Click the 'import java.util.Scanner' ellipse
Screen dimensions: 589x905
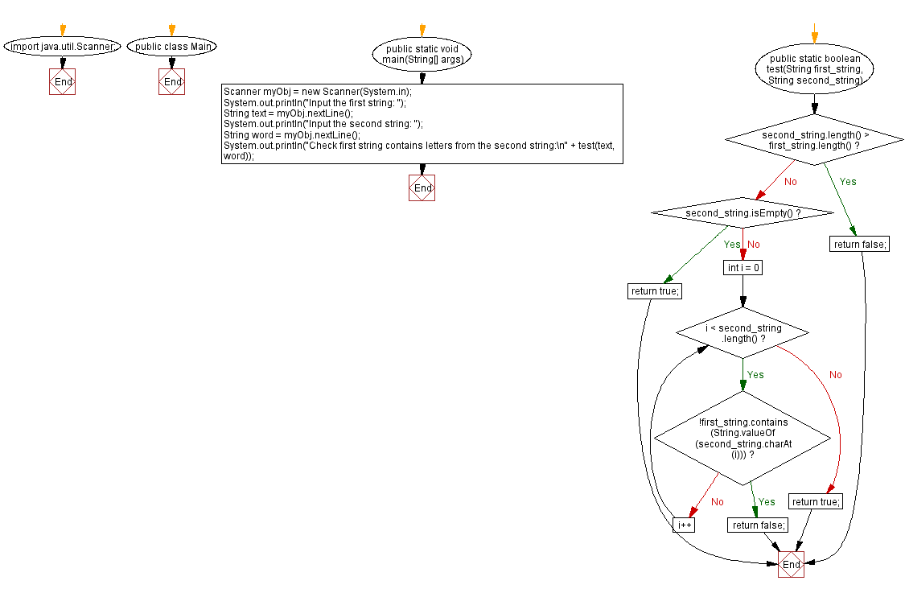(62, 47)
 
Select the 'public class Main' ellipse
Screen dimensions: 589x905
(172, 47)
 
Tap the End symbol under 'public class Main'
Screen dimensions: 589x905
(172, 82)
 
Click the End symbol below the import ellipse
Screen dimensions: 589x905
(62, 82)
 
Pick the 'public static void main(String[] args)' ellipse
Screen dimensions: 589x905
(422, 55)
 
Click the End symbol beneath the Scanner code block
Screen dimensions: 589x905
(422, 187)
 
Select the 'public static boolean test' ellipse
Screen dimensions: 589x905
(815, 70)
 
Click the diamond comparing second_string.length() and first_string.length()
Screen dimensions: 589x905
(815, 140)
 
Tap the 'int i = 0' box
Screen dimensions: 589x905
(742, 267)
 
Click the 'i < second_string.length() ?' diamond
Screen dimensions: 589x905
(742, 333)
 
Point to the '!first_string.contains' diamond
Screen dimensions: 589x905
(742, 438)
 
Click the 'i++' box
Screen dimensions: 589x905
(684, 525)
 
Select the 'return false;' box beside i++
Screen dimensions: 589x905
(757, 525)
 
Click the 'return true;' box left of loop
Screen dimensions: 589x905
(653, 291)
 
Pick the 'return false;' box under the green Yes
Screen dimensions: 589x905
(859, 244)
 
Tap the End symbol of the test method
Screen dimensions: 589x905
(791, 564)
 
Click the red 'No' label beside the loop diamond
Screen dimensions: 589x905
(835, 375)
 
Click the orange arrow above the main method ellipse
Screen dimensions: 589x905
(422, 30)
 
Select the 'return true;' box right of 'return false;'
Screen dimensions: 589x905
(815, 501)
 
